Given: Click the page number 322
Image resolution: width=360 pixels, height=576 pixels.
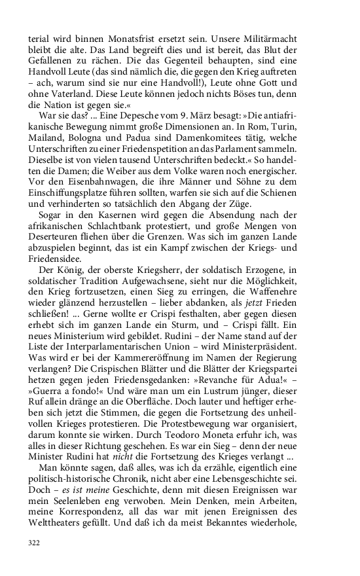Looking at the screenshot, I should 35,543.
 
